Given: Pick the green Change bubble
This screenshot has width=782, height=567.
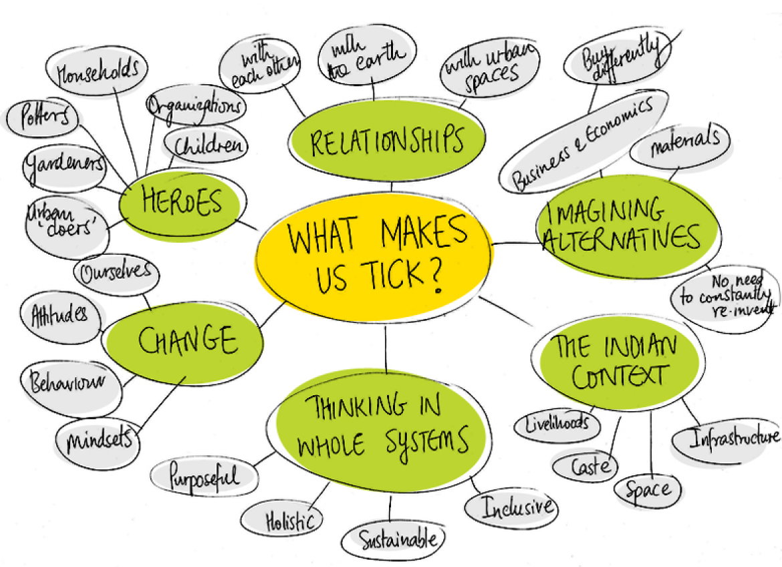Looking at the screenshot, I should click(186, 341).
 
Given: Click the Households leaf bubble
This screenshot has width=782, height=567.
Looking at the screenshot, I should click(98, 71).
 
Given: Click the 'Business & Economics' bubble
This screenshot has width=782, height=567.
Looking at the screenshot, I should click(583, 142).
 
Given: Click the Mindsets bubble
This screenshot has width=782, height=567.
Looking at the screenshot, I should click(100, 438).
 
